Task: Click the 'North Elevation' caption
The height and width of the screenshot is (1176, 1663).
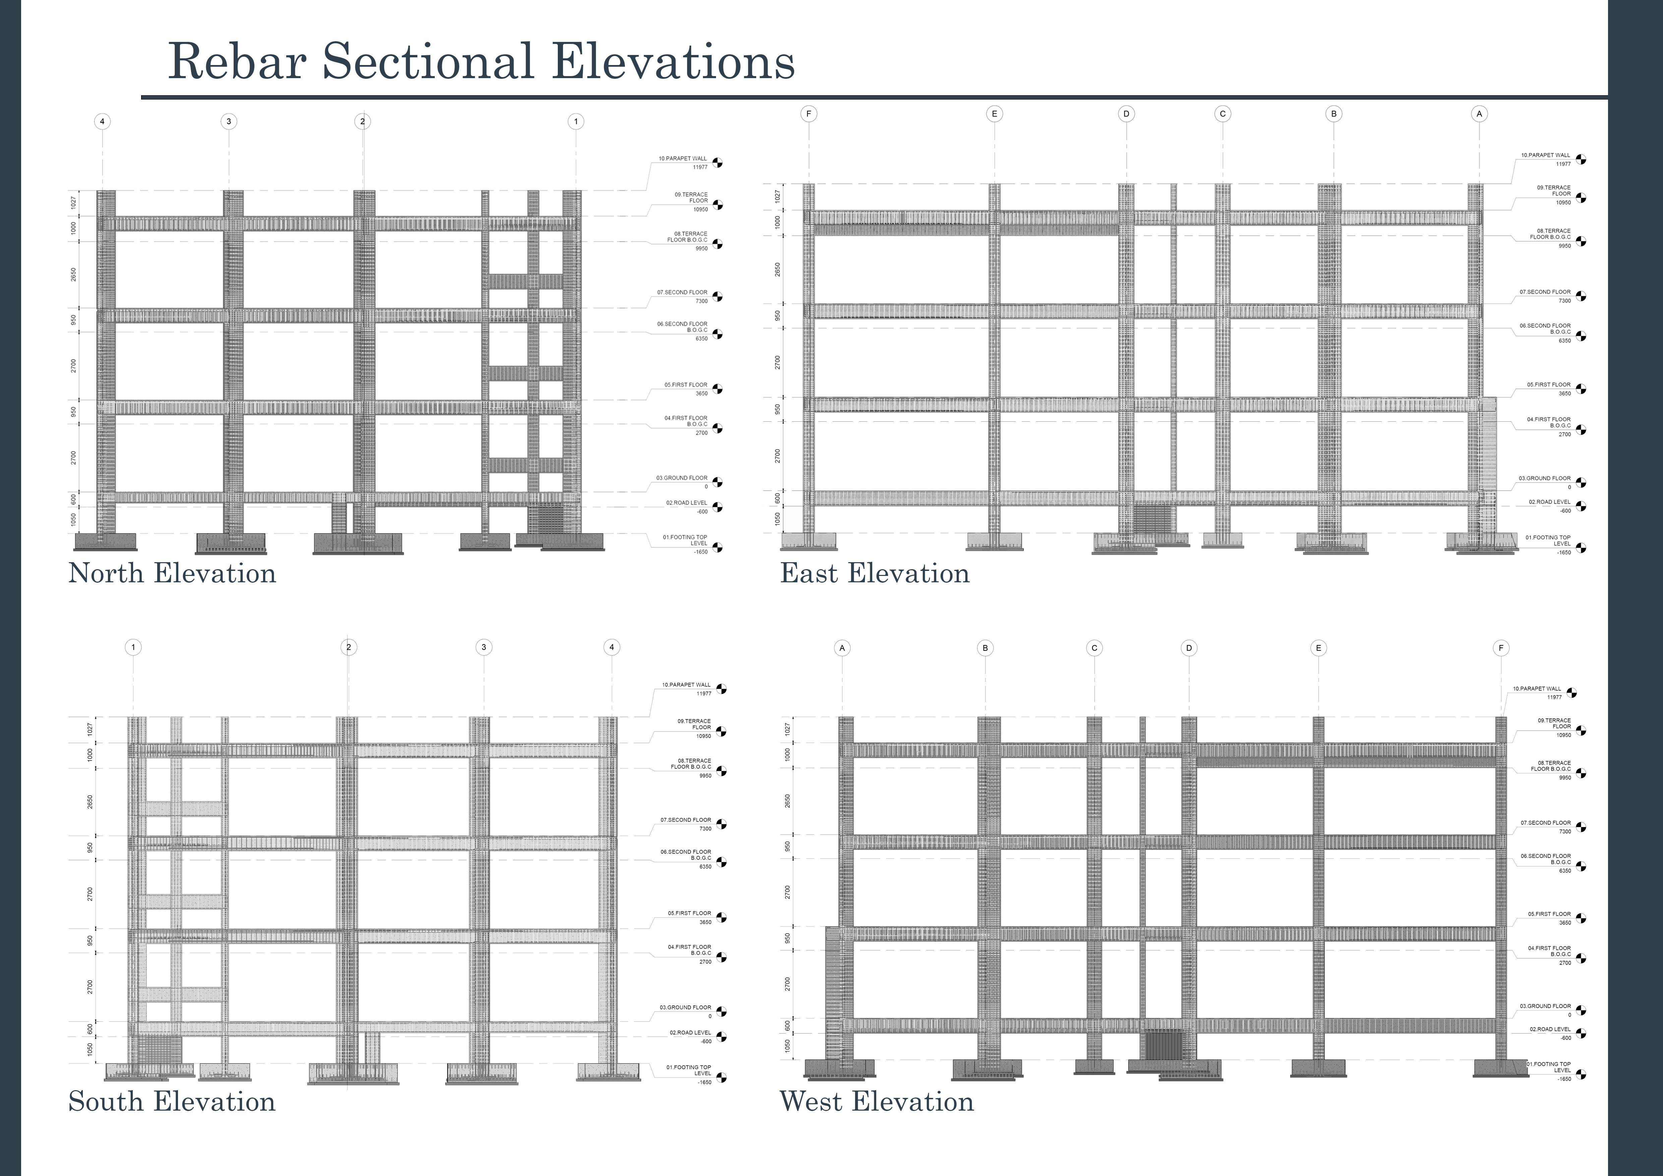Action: click(x=172, y=574)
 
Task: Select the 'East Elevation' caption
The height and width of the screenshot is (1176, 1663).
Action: click(x=874, y=574)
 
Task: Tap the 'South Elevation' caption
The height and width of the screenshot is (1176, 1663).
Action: click(x=172, y=1102)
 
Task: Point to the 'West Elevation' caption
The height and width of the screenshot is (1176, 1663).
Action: click(x=876, y=1102)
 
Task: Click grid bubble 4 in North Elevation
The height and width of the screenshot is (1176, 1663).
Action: click(x=102, y=122)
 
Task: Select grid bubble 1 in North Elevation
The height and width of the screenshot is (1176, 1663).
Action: click(x=576, y=122)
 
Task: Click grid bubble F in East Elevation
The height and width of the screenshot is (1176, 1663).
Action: click(x=809, y=114)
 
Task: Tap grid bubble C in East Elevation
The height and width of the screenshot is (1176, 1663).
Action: click(x=1223, y=114)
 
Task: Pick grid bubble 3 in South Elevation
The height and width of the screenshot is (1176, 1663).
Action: click(x=483, y=647)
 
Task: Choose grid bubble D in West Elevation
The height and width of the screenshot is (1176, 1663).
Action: click(x=1189, y=648)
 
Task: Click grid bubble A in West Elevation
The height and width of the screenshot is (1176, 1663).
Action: click(x=842, y=648)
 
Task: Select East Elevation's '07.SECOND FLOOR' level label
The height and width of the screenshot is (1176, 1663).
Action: click(x=1545, y=292)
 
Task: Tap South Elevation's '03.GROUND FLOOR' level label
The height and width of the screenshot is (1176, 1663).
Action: click(x=685, y=1007)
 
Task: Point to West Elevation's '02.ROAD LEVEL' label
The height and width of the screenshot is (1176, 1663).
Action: click(x=1550, y=1029)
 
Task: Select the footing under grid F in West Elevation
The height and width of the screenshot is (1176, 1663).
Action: click(x=1501, y=1068)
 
